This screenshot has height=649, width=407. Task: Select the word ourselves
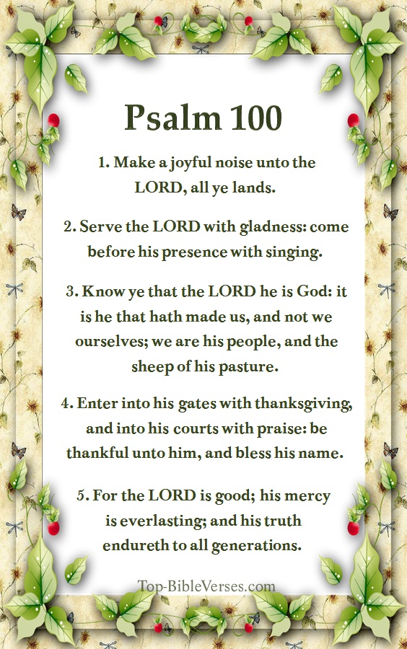point(106,341)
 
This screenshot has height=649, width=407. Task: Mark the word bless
point(275,454)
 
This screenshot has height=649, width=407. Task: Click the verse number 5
point(82,496)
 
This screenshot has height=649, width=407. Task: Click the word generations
point(258,545)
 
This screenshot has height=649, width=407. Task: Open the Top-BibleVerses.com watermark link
point(207,586)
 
